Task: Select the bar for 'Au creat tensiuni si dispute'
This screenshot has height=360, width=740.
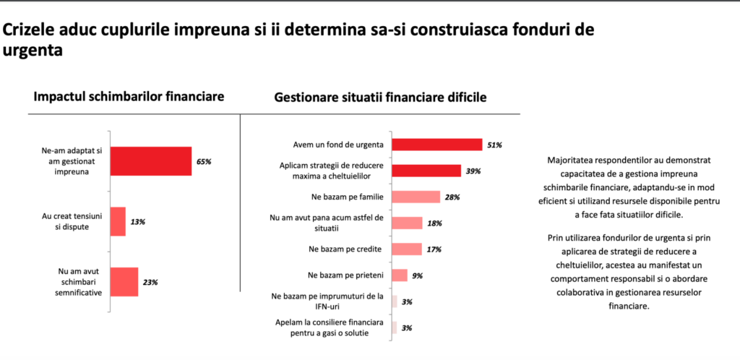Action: pyautogui.click(x=118, y=221)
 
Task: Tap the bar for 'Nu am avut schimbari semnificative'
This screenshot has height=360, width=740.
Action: pyautogui.click(x=124, y=281)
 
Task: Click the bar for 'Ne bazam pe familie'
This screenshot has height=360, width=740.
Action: pyautogui.click(x=416, y=197)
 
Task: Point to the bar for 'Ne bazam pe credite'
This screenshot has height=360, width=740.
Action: pyautogui.click(x=406, y=249)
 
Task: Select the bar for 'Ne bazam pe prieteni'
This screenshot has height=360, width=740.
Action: pyautogui.click(x=399, y=275)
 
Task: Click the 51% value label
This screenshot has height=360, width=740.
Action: pyautogui.click(x=494, y=145)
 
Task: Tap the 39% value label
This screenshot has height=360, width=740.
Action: pyautogui.click(x=474, y=171)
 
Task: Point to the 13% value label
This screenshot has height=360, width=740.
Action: pyautogui.click(x=138, y=222)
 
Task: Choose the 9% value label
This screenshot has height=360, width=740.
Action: pyautogui.click(x=417, y=275)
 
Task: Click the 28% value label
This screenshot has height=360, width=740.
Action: pyautogui.click(x=453, y=197)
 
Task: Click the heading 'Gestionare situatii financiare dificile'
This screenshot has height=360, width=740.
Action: pyautogui.click(x=379, y=97)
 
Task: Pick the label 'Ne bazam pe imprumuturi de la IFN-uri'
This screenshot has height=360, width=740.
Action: pyautogui.click(x=327, y=301)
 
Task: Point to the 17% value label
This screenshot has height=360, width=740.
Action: pyautogui.click(x=434, y=249)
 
